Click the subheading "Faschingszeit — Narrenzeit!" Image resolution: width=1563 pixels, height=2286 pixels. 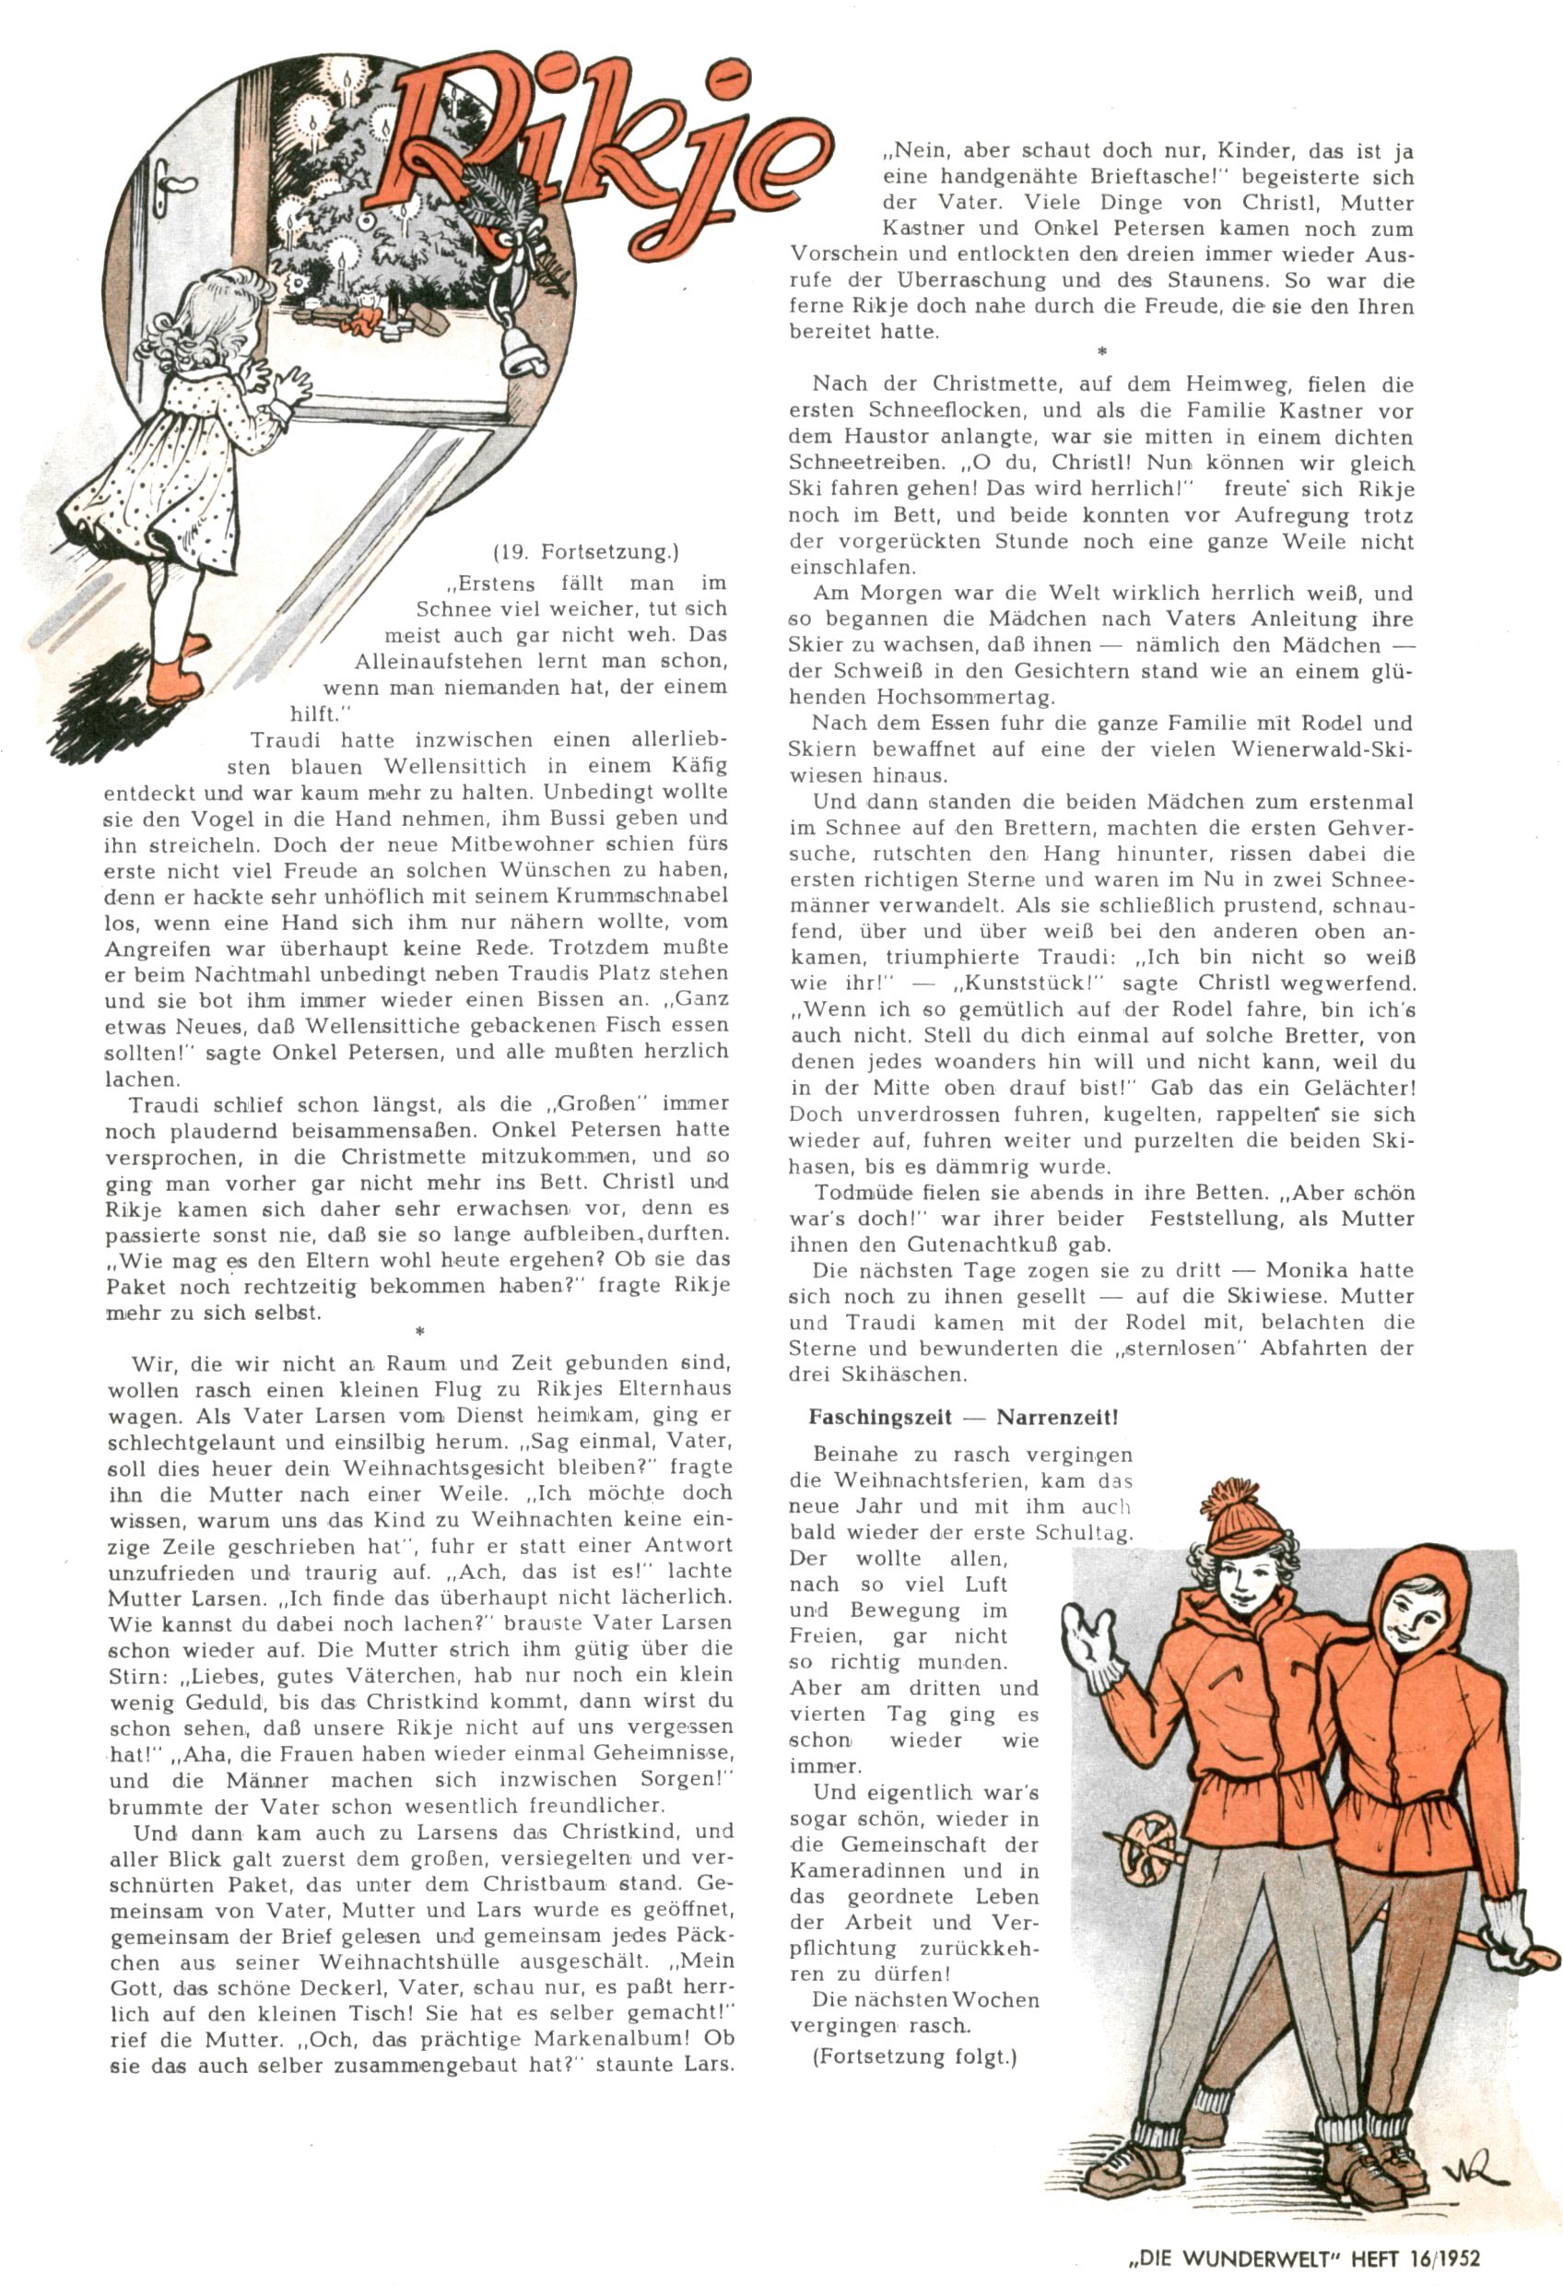[x=962, y=1418]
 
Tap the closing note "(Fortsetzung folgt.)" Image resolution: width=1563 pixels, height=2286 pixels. [x=914, y=2056]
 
